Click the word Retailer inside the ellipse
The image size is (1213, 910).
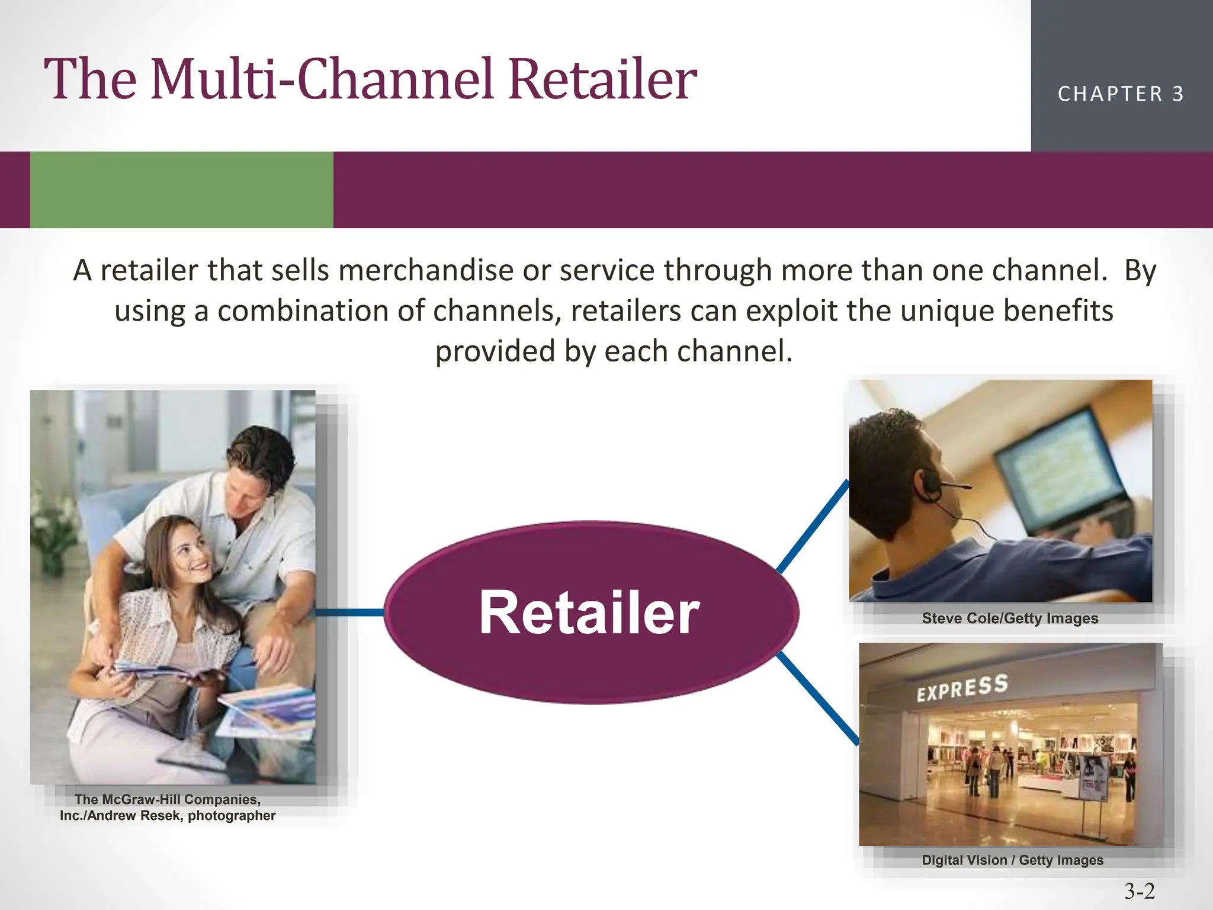pos(589,613)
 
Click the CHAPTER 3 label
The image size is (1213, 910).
pos(1121,94)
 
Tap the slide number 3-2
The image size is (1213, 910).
pos(1140,890)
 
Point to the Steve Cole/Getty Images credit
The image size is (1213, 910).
pos(1010,619)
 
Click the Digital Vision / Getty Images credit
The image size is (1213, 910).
pos(1012,860)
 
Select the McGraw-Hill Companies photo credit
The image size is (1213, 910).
pos(168,808)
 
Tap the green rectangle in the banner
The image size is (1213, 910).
pos(181,190)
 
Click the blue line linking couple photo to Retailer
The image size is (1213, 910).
pos(349,613)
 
